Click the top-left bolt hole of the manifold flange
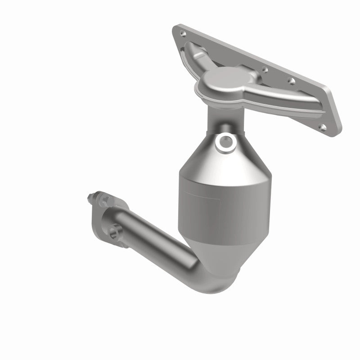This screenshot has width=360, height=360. click(x=182, y=33)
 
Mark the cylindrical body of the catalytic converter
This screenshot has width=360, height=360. click(x=211, y=202)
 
